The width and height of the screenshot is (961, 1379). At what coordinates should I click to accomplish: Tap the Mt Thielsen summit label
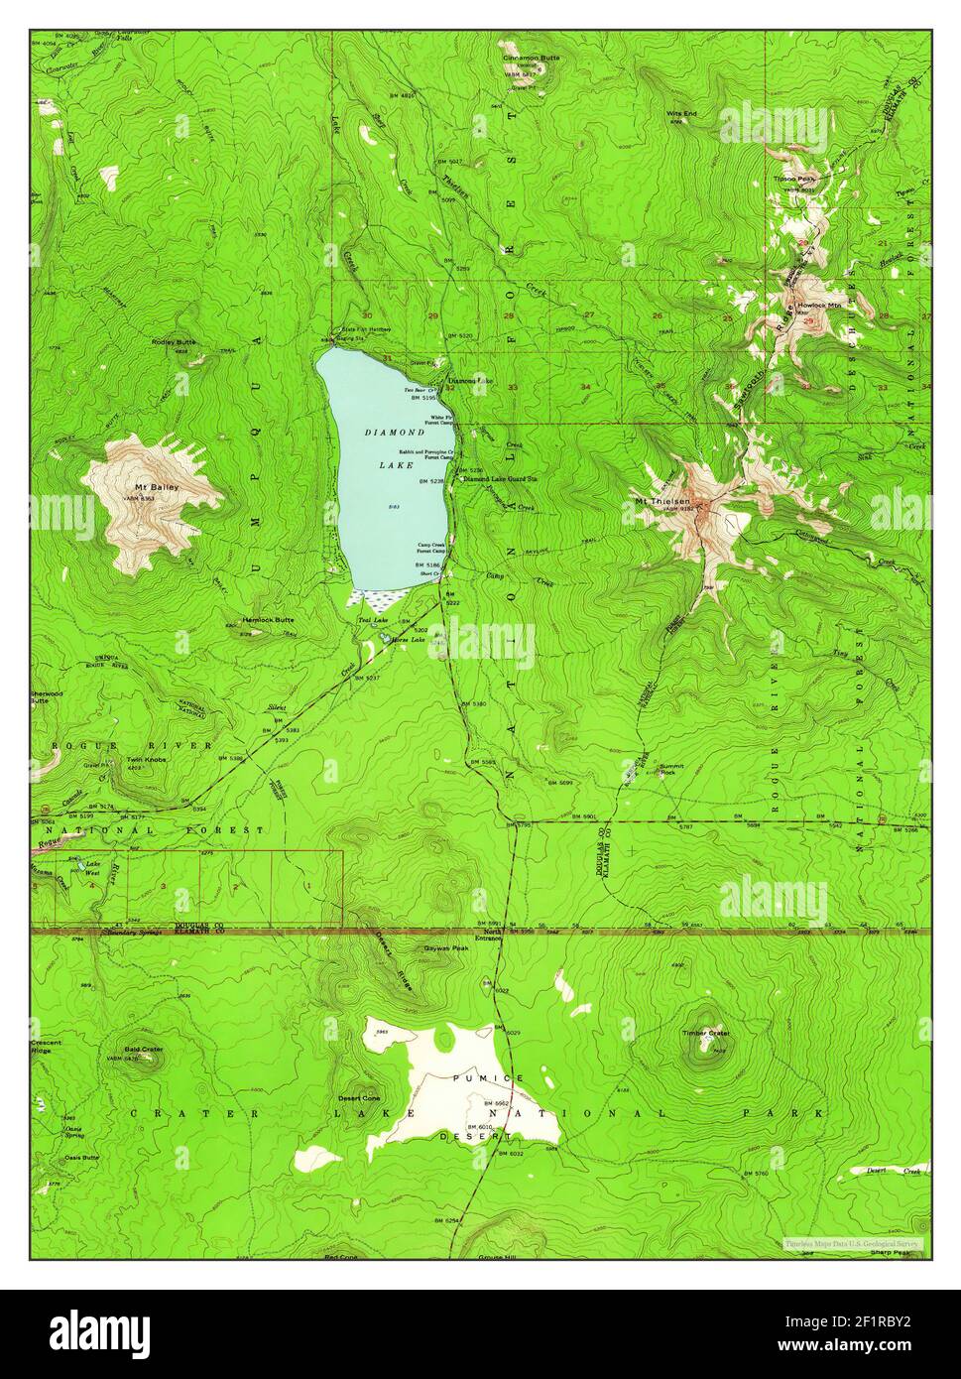661,501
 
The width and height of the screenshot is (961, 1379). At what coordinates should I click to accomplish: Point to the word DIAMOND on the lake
394,433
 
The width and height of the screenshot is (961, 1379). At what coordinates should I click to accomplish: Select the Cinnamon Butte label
531,58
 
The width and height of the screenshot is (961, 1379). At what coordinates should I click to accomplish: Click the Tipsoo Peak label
793,180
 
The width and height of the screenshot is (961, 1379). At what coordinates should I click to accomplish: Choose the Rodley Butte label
175,341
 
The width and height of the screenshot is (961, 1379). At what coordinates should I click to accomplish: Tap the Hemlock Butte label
268,620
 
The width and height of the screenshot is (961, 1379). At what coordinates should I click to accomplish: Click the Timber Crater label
705,1033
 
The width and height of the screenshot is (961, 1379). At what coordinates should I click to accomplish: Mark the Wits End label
681,114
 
